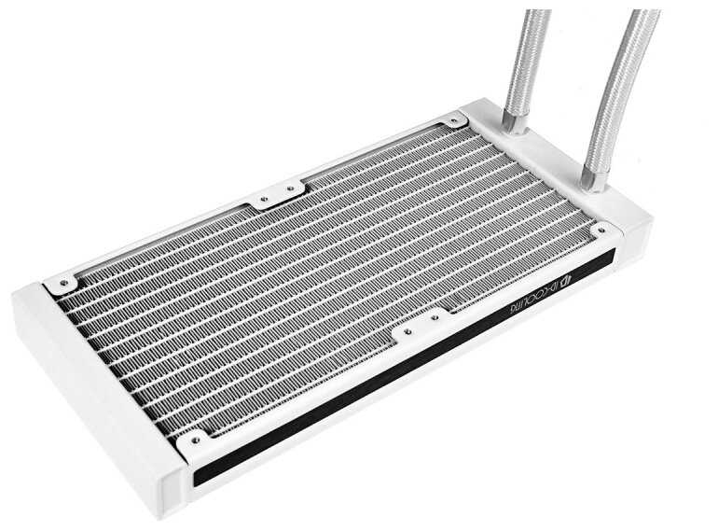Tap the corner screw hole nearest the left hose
[454, 119]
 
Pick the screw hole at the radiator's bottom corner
[195, 439]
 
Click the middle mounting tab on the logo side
[410, 329]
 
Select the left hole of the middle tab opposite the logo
[263, 199]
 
